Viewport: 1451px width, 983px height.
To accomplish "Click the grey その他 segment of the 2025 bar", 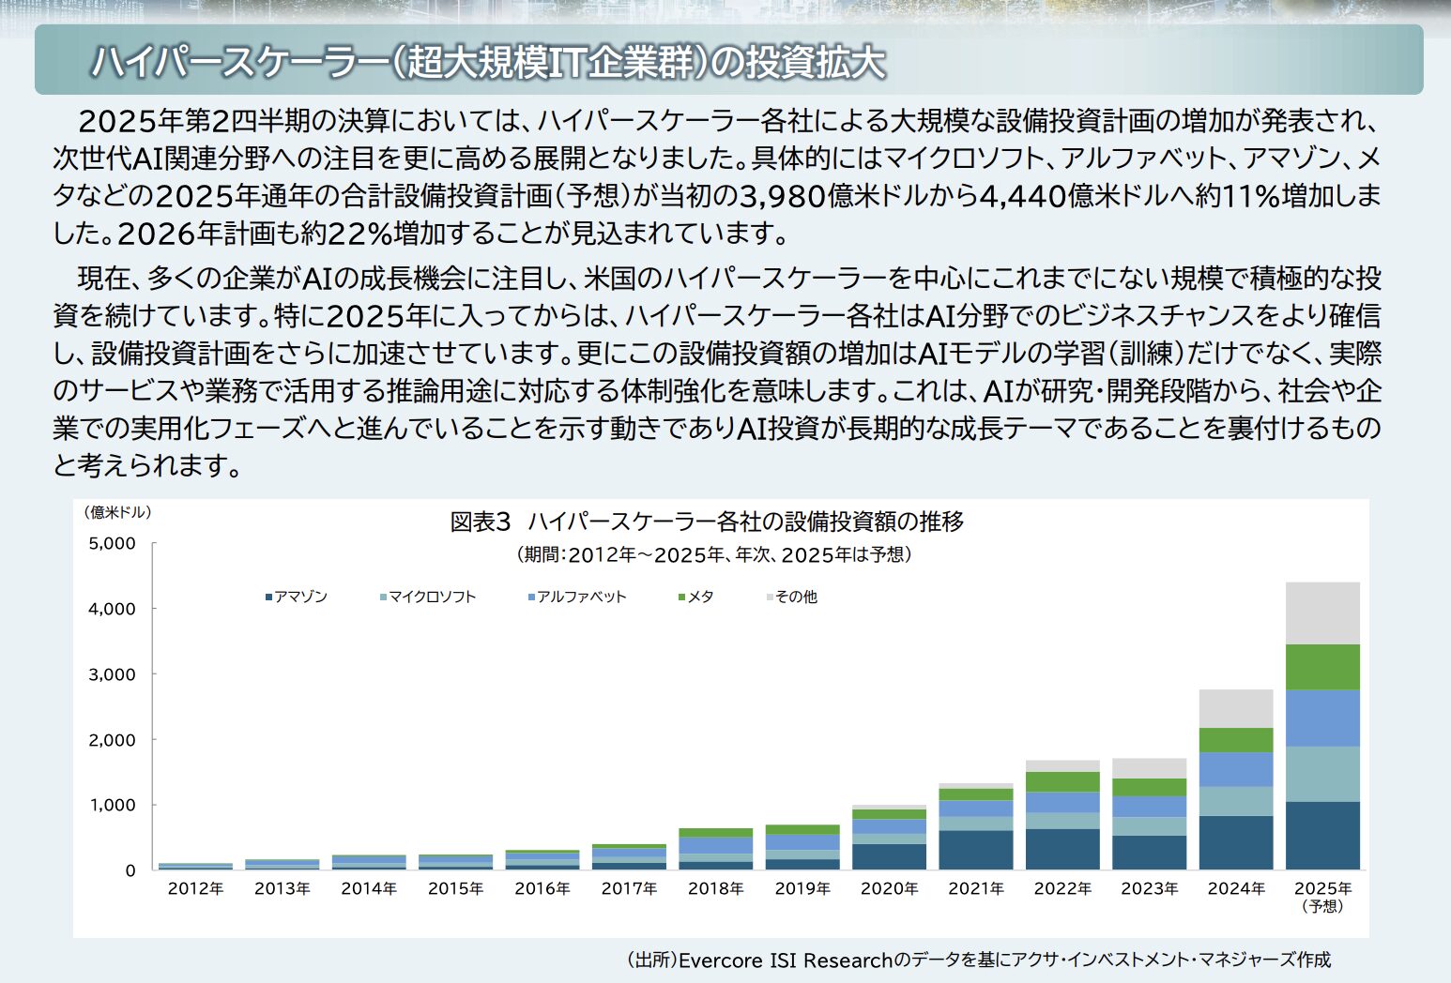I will [x=1322, y=613].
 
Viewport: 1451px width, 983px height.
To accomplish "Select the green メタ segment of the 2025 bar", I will [x=1322, y=667].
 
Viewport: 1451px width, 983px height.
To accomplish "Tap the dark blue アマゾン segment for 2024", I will [x=1236, y=842].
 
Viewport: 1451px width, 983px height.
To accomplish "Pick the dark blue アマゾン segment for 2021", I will [x=976, y=850].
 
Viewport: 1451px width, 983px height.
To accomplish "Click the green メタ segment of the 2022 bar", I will [x=1062, y=781].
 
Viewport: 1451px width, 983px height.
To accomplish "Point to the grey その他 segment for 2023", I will [x=1149, y=768].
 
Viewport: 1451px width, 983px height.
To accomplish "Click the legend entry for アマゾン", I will [x=297, y=597].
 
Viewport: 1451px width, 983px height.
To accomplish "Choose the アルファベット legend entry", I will [x=577, y=597].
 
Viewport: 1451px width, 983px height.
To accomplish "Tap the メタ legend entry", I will [x=696, y=597].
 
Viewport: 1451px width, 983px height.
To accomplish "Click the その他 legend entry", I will [x=792, y=597].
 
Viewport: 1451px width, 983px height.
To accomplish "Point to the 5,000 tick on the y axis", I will [x=113, y=543].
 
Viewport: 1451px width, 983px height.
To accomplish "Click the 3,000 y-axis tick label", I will [x=113, y=674].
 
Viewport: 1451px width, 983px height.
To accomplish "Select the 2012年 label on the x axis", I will [x=195, y=888].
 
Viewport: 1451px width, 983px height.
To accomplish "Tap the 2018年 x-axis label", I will [x=716, y=888].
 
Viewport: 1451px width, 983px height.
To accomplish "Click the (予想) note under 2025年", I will [x=1322, y=906].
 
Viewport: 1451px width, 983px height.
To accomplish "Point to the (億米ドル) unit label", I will [x=117, y=512].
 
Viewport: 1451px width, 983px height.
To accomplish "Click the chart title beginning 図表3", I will [x=707, y=522].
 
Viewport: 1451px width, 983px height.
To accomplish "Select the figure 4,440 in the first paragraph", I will [x=1022, y=195].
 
